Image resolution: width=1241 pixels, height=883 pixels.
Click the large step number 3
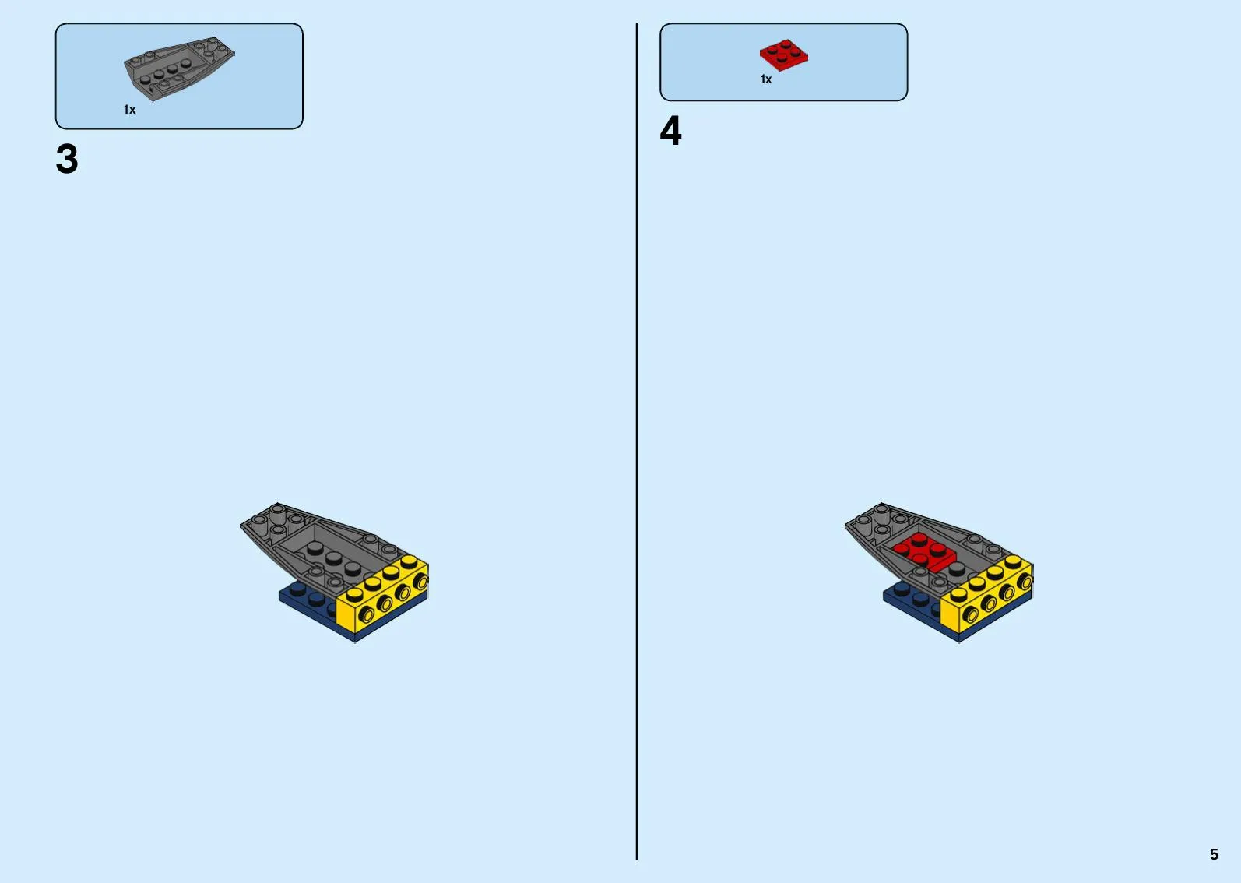click(67, 158)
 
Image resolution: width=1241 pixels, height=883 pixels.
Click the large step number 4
click(670, 131)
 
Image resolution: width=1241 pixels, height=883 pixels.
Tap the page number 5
click(1214, 853)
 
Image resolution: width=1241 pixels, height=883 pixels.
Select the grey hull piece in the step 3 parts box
click(178, 69)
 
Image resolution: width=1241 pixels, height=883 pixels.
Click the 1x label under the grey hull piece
click(130, 110)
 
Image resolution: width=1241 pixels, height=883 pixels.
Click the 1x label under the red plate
click(766, 79)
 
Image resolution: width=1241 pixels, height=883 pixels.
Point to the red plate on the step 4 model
click(923, 552)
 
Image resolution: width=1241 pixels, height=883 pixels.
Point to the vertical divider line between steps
click(637, 441)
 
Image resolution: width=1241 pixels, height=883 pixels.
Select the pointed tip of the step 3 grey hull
click(241, 526)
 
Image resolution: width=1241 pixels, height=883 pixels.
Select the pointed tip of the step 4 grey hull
click(845, 526)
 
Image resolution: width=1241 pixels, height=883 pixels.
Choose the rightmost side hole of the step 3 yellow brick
click(420, 582)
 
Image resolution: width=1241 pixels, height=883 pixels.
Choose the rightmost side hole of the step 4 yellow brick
click(1025, 582)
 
